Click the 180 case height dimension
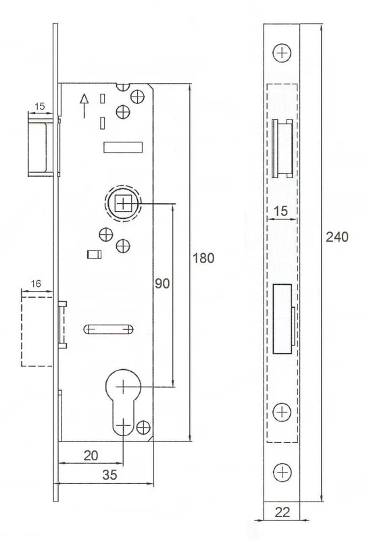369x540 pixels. pos(203,258)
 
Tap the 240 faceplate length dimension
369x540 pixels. pos(337,237)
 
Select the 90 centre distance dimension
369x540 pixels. pos(162,283)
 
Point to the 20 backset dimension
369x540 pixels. pos(91,456)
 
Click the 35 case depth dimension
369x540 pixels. pos(109,475)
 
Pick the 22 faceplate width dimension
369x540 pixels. pos(282,512)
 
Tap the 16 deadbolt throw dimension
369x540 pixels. pos(36,283)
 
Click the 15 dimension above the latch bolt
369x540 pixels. pos(40,106)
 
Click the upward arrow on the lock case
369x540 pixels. pos(84,106)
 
